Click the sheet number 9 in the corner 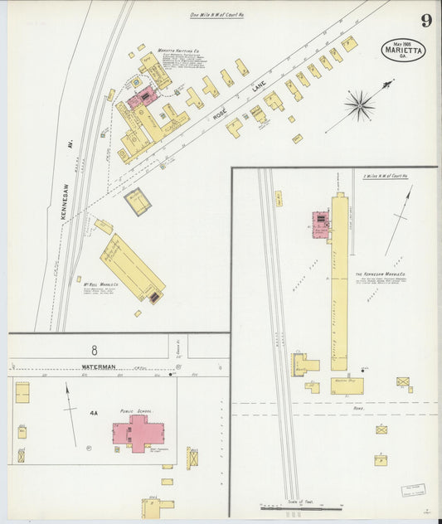(x=425, y=20)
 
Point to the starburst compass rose (x=359, y=104)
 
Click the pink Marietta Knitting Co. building (x=142, y=97)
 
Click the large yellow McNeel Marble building (x=132, y=267)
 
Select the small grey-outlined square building (x=137, y=201)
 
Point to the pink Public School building (x=135, y=432)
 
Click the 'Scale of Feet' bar (x=300, y=506)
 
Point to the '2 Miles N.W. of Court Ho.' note (x=387, y=177)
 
